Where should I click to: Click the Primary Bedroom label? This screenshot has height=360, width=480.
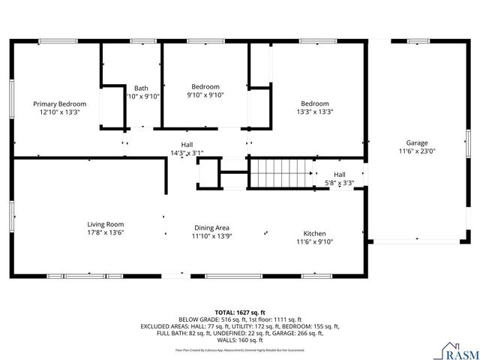tap(60, 103)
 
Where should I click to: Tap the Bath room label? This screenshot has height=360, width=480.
tap(141, 87)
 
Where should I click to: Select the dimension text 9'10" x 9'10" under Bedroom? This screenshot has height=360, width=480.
tap(205, 95)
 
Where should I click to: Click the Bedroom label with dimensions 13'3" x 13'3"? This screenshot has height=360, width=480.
tap(315, 103)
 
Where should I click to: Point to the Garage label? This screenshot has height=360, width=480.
tap(417, 142)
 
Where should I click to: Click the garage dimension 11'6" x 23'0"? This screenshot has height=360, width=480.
tap(417, 151)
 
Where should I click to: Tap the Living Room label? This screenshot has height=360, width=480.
tap(105, 223)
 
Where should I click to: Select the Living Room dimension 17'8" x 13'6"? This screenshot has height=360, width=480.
tap(105, 232)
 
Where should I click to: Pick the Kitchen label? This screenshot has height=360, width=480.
tap(314, 232)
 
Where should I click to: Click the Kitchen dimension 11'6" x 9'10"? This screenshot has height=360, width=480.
tap(314, 241)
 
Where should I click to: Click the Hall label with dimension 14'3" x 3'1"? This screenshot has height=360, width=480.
tap(187, 144)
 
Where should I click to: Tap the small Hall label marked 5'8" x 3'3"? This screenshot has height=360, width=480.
tap(340, 174)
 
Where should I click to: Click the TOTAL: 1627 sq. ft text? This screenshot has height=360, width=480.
tap(240, 311)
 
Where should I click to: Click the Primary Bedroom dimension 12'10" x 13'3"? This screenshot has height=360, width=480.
tap(60, 112)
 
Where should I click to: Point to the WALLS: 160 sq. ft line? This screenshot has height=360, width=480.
tap(240, 340)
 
